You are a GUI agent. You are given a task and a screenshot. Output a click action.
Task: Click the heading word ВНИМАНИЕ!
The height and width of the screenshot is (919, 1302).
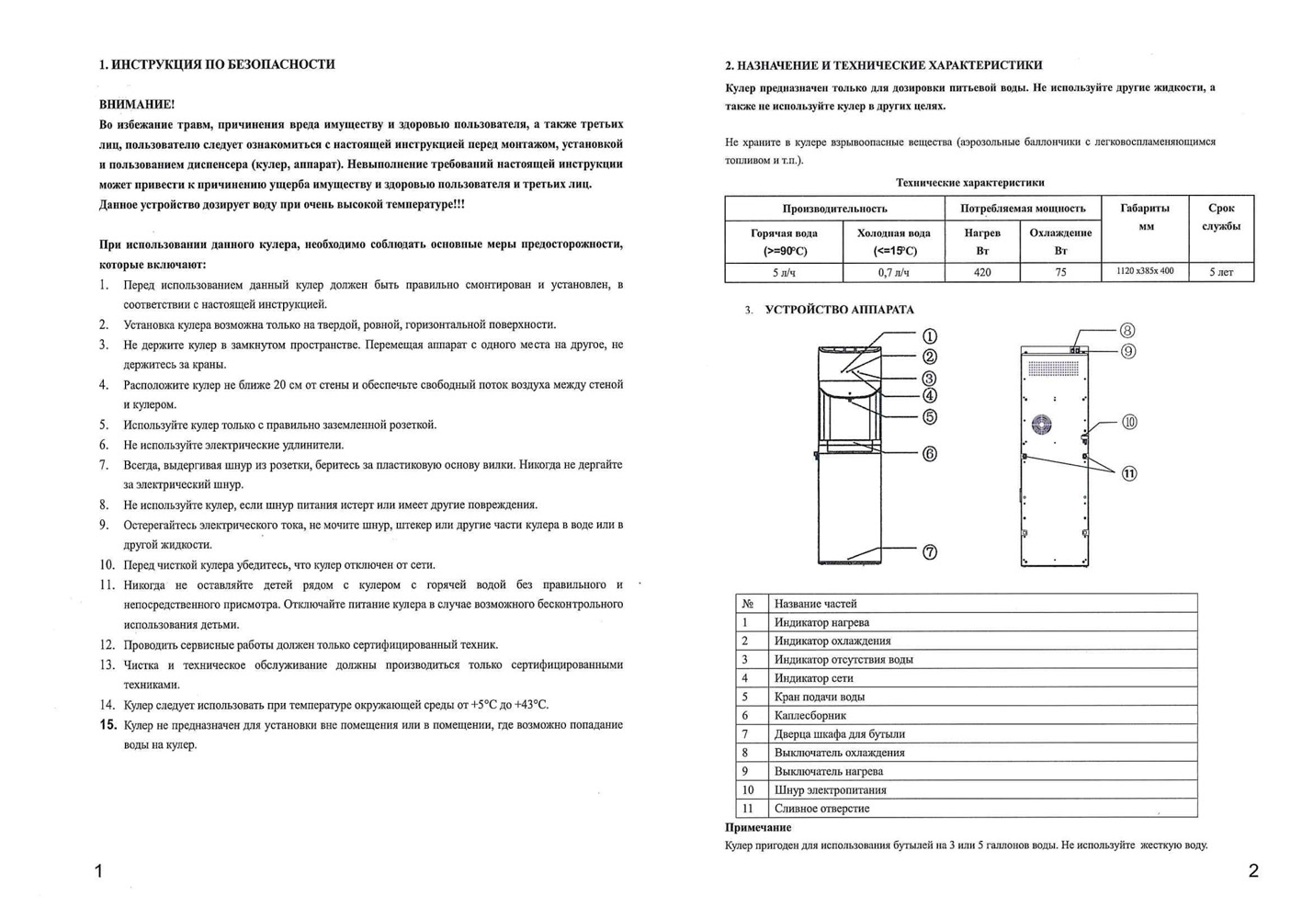pos(137,104)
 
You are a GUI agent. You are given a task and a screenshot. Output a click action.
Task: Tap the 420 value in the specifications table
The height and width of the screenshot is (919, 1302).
pos(982,272)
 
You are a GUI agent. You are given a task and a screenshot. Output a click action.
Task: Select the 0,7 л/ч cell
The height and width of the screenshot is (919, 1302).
pos(893,272)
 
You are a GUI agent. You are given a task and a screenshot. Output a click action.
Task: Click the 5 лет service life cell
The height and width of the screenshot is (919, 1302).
pos(1221,272)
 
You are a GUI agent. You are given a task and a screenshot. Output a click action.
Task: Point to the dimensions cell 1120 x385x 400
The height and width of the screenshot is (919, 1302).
pos(1145,271)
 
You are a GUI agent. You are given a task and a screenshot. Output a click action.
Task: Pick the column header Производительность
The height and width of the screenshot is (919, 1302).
pos(834,209)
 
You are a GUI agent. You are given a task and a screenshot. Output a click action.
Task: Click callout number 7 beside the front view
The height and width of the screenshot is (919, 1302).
pos(930,552)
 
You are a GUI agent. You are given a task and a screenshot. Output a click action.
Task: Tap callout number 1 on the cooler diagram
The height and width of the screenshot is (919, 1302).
pos(930,336)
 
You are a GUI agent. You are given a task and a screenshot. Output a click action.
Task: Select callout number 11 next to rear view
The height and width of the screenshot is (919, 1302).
pos(1128,473)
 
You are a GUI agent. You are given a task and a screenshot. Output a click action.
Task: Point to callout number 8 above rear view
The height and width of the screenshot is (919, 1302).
pos(1127,331)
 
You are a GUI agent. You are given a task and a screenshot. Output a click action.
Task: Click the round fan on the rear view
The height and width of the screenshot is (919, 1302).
pos(1042,425)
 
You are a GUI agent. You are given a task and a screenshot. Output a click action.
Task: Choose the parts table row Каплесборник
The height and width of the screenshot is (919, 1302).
pos(810,715)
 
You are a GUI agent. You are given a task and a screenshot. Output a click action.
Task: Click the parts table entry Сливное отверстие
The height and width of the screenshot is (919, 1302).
pos(821,809)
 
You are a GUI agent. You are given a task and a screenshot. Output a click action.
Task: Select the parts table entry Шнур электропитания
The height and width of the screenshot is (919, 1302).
pos(830,789)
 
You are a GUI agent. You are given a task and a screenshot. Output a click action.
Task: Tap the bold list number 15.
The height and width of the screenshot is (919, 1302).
pos(108,725)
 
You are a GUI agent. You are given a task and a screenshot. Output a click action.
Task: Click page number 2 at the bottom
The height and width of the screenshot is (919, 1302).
pos(1253,871)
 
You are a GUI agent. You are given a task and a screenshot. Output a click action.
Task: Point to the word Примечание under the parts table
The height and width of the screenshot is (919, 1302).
pos(758,828)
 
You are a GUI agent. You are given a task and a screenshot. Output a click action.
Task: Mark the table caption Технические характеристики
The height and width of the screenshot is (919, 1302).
pos(969,183)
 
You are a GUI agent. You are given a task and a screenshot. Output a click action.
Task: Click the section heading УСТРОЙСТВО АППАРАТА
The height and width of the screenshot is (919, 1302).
pos(839,310)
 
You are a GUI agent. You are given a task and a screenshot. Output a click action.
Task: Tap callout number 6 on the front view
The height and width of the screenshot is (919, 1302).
pos(930,454)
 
